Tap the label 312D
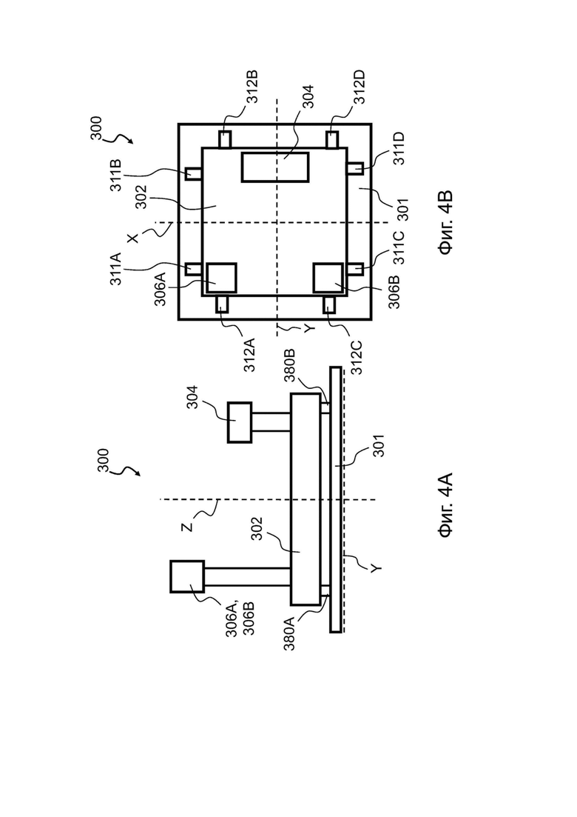point(360,87)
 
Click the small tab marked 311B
point(193,173)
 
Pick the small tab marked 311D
point(355,168)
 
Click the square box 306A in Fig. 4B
point(222,279)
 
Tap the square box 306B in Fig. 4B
point(328,279)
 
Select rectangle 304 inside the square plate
point(275,167)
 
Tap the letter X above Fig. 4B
point(134,238)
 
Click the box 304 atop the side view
point(240,422)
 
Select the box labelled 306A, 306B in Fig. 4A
point(187,576)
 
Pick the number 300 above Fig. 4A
point(103,461)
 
